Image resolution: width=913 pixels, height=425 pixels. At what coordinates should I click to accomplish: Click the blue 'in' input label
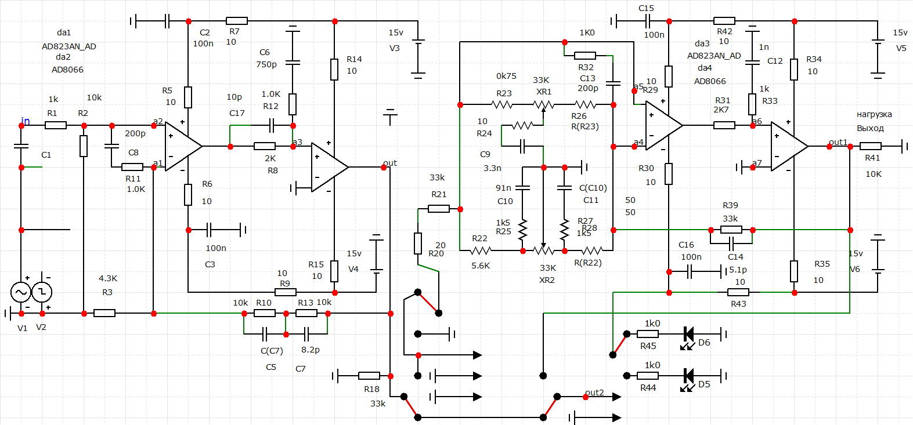[26, 121]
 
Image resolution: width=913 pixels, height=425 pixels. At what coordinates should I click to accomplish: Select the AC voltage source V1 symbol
[21, 292]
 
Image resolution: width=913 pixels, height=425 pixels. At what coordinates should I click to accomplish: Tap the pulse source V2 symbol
[42, 292]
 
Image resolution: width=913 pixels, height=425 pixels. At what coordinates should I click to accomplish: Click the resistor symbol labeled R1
[56, 125]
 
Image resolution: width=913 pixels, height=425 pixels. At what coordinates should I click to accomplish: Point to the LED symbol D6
[689, 334]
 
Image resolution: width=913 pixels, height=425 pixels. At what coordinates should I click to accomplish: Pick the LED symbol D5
[689, 376]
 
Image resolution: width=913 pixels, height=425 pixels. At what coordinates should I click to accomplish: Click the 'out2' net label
[594, 393]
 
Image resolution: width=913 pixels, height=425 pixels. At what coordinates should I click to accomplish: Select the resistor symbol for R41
[870, 146]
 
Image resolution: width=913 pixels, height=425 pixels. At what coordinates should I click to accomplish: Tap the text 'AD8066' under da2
[67, 70]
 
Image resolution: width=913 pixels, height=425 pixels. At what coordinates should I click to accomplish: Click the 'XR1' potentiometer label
[544, 92]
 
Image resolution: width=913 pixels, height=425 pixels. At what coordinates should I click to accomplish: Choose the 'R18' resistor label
[371, 389]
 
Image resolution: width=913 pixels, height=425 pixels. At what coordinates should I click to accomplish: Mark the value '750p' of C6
[266, 64]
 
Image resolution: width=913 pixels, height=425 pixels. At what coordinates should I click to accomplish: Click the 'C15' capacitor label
[646, 8]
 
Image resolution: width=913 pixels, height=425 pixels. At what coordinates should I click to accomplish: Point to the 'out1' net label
[838, 142]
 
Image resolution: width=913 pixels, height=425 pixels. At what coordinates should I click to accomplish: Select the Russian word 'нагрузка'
[874, 114]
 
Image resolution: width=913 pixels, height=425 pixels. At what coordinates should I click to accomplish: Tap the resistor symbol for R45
[648, 334]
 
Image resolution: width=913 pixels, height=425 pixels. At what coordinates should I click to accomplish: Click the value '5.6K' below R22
[481, 266]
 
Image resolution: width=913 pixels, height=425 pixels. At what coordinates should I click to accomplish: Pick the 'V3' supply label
[395, 48]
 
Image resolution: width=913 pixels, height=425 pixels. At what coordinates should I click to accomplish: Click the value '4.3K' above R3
[108, 278]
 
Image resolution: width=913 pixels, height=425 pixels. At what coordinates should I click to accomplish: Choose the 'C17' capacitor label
[237, 113]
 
